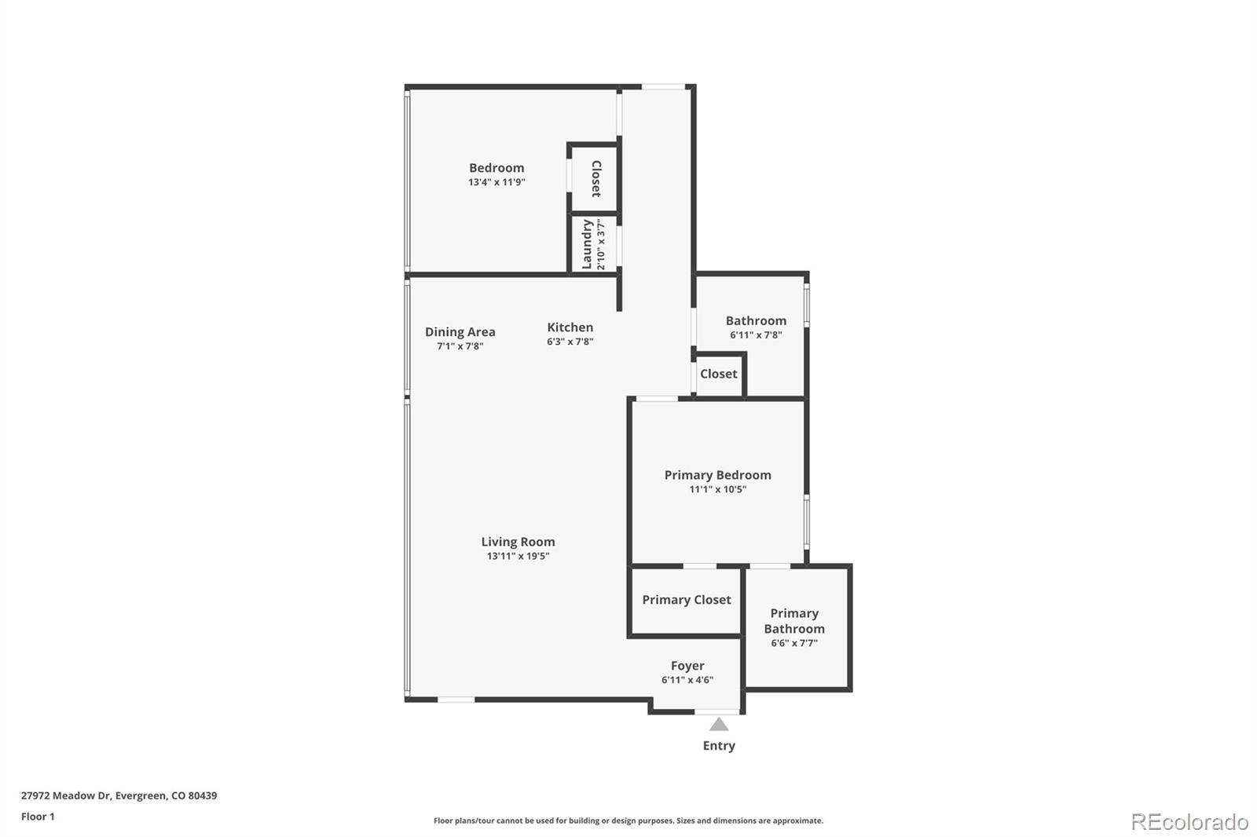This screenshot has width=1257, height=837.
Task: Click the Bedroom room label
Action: (497, 168)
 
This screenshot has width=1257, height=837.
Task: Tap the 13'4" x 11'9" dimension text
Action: (497, 182)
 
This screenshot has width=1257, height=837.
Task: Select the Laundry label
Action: (587, 244)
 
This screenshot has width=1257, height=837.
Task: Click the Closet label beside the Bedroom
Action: (596, 178)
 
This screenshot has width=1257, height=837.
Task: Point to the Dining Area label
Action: (460, 332)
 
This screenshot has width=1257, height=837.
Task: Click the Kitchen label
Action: (570, 327)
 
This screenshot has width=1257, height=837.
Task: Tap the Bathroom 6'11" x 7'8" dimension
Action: (756, 335)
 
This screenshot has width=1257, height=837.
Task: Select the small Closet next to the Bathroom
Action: (719, 374)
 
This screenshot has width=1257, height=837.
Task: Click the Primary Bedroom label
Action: (717, 475)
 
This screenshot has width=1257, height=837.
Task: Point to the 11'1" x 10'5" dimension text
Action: (717, 489)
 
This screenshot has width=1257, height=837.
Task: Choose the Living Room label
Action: (518, 542)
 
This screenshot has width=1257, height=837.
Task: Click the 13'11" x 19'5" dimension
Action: (518, 556)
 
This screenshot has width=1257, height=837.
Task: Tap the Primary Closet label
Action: (687, 600)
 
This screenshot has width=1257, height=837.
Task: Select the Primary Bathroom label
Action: (794, 621)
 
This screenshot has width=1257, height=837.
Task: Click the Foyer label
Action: (687, 666)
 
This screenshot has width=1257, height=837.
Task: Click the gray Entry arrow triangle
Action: (719, 725)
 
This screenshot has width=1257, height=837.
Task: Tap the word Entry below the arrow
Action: (719, 746)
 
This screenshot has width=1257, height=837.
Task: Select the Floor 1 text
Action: (38, 817)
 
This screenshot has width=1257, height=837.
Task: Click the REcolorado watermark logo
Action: (1189, 822)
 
